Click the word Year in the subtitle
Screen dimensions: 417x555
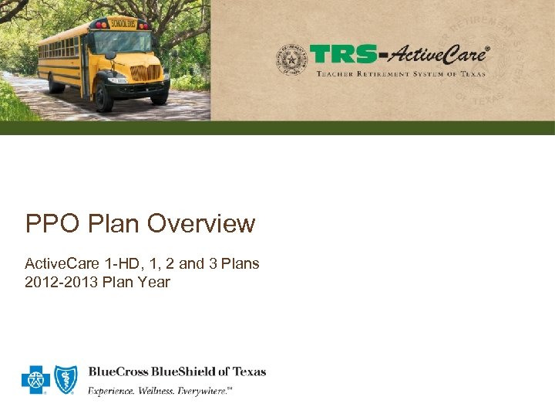click(154, 282)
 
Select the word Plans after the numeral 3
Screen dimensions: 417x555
click(240, 263)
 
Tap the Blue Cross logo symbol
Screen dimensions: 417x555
click(35, 379)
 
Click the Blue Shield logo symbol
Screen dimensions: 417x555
click(65, 379)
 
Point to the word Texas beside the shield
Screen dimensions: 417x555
click(248, 371)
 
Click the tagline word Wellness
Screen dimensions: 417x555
click(158, 392)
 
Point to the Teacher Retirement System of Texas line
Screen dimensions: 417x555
click(401, 73)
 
